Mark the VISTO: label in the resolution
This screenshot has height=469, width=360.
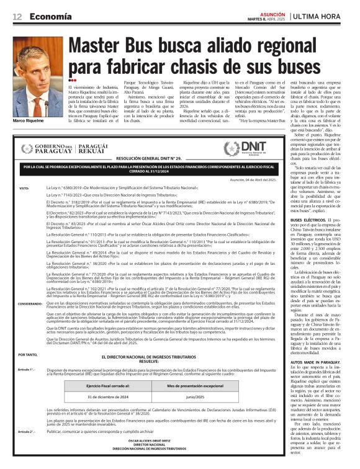(x=24, y=187)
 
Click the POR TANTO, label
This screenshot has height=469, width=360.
(x=27, y=354)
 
